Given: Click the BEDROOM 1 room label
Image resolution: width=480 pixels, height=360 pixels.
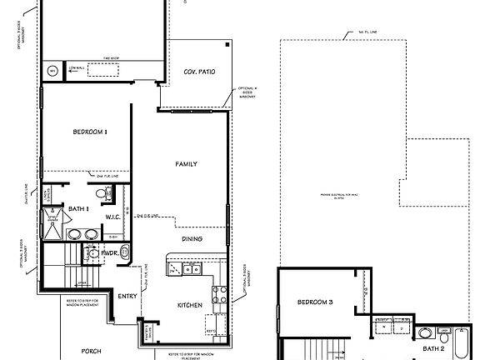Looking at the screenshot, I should pos(89,132).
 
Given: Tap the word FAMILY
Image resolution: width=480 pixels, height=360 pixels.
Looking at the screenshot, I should pos(186,164).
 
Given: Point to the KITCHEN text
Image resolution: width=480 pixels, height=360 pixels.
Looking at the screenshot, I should pos(191,306).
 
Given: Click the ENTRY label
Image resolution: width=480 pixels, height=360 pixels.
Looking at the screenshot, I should pos(127,296).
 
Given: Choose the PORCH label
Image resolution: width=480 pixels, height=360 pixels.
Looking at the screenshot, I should pos(91,352).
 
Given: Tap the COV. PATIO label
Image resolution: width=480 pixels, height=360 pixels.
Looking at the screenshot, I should pos(199,72).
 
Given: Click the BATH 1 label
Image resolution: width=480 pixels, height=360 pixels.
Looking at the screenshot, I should pos(78,208).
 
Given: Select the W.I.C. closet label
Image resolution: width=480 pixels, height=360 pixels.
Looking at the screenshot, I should pos(114,217).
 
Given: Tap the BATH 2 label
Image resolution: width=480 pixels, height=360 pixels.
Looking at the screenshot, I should pos(432,349).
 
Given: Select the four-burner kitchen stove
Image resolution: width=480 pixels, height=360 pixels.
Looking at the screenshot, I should pos(221,293).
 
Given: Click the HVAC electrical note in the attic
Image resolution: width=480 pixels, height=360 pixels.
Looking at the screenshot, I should pos(332,197).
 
